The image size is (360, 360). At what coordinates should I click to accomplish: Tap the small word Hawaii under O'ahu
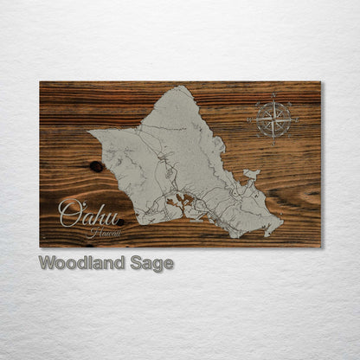point(105,232)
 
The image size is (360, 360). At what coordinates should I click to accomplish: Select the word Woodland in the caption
point(82,264)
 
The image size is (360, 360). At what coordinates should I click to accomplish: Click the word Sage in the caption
point(152,264)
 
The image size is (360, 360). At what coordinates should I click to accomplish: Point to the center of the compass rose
point(273,117)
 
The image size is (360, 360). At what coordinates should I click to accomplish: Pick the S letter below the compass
point(273,139)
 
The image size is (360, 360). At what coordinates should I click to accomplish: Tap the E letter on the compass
point(296,117)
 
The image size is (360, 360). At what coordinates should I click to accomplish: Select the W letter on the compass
point(252,117)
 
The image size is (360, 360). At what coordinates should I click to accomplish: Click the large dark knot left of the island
point(97,166)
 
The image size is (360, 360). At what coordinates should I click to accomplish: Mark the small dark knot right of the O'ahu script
point(120,222)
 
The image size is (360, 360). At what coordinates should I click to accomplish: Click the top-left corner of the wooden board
point(40,82)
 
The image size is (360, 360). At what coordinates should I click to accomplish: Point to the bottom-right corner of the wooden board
point(320,247)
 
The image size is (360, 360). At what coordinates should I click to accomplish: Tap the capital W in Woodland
point(47,264)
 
